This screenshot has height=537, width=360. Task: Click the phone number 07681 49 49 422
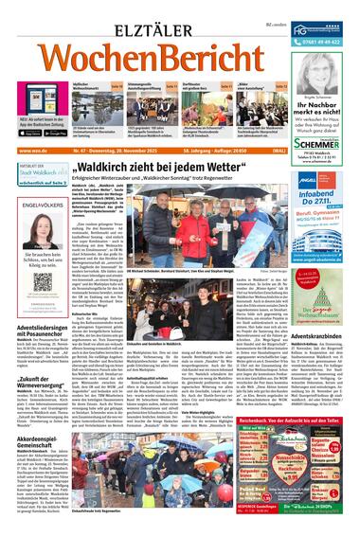[314, 41]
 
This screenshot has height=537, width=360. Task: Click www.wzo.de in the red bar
[29, 150]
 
